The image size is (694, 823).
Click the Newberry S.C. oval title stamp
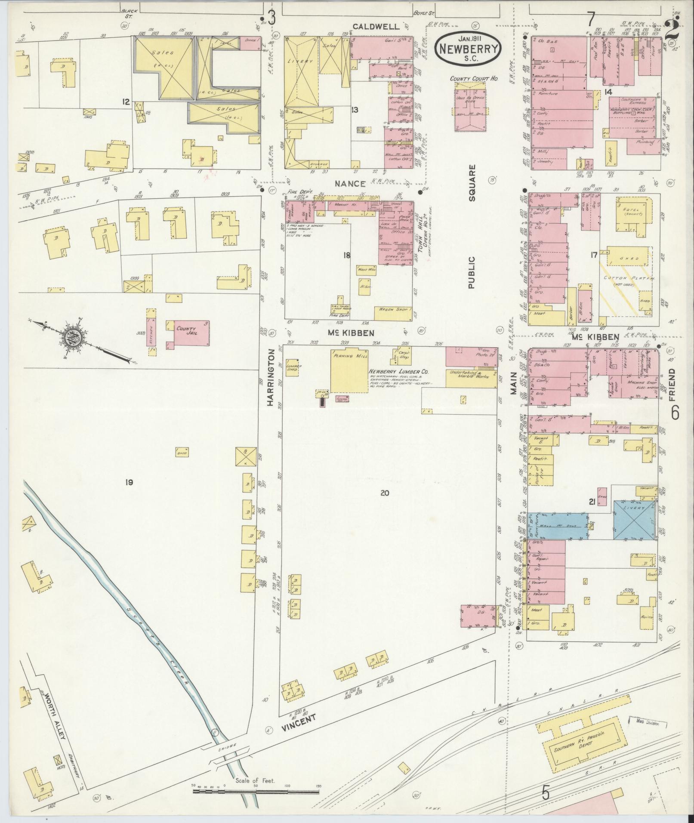click(x=468, y=49)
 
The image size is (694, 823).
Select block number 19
click(x=129, y=482)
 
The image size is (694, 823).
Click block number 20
click(x=384, y=493)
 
